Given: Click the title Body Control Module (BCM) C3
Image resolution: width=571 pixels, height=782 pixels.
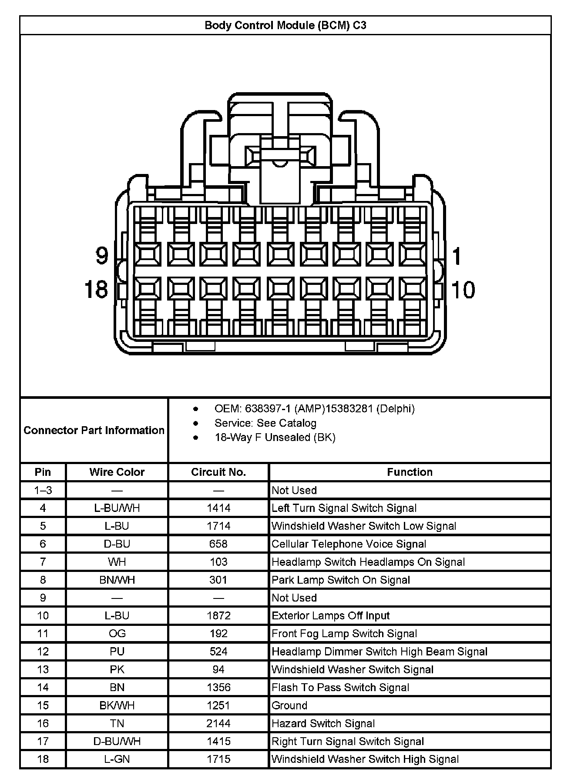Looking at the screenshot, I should pyautogui.click(x=285, y=25).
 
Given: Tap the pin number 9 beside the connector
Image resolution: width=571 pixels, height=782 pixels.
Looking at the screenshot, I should pyautogui.click(x=101, y=255).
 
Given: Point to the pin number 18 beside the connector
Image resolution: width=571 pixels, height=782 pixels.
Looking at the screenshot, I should pyautogui.click(x=96, y=289).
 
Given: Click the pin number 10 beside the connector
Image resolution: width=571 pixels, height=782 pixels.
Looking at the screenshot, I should pyautogui.click(x=463, y=290).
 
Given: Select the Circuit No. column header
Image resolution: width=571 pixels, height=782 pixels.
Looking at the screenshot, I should pyautogui.click(x=218, y=472).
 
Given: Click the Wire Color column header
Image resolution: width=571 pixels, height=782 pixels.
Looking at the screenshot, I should pyautogui.click(x=117, y=472).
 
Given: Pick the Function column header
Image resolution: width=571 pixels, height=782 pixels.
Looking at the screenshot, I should pyautogui.click(x=410, y=472).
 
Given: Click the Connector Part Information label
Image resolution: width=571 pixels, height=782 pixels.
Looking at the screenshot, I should pyautogui.click(x=94, y=430).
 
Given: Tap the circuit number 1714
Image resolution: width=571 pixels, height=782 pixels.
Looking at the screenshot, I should pyautogui.click(x=218, y=526).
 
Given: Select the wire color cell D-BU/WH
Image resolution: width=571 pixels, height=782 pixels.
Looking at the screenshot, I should pyautogui.click(x=117, y=741).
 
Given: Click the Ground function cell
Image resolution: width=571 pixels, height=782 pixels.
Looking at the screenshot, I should pyautogui.click(x=289, y=705).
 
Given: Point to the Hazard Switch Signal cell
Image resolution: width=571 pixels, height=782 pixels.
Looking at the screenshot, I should pyautogui.click(x=323, y=723).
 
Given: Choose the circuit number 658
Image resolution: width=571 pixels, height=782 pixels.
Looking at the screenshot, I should pyautogui.click(x=218, y=544).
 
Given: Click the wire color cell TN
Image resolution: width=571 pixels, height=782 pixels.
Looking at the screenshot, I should pyautogui.click(x=117, y=723).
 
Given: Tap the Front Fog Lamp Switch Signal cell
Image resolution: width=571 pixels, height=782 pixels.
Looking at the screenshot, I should pyautogui.click(x=344, y=634).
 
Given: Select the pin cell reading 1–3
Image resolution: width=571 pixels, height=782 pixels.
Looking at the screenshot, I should pyautogui.click(x=43, y=490).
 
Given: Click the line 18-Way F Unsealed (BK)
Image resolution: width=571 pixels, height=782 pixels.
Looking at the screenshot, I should pyautogui.click(x=275, y=437).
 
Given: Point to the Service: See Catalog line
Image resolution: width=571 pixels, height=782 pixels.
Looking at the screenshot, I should pyautogui.click(x=265, y=423).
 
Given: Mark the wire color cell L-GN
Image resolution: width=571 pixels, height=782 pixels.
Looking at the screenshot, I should pyautogui.click(x=117, y=759).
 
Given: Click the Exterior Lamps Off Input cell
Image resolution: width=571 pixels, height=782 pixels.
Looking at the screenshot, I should pyautogui.click(x=330, y=615).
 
